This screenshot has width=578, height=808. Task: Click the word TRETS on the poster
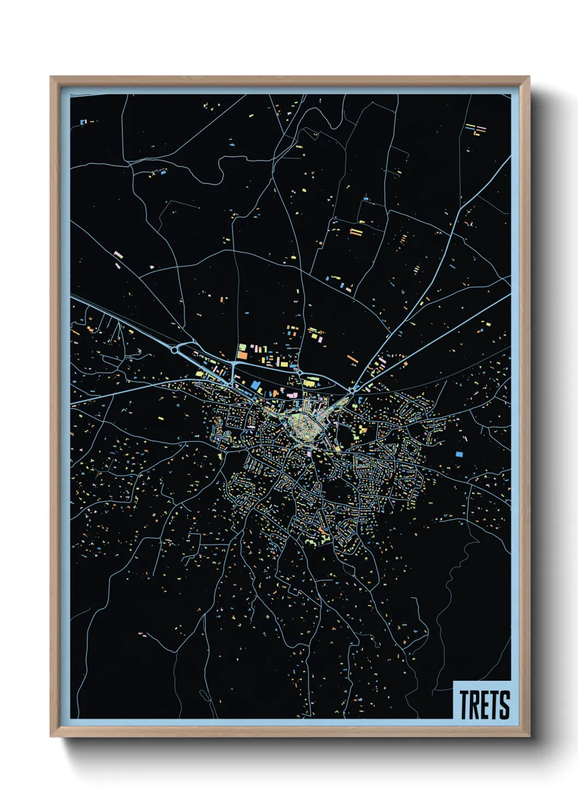(484, 704)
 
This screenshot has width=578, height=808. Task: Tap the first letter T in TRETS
(464, 704)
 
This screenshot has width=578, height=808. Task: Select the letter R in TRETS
(475, 704)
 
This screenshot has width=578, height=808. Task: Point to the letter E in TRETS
(485, 704)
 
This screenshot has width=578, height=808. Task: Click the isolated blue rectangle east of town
(459, 454)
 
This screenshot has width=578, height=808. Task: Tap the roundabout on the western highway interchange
(174, 350)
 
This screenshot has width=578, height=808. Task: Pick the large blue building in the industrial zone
(255, 386)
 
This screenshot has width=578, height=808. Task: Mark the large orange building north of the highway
(242, 355)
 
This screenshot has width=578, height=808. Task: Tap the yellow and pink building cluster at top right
(476, 130)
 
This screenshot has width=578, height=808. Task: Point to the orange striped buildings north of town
(356, 233)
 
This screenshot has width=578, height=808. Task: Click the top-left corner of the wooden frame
(51, 77)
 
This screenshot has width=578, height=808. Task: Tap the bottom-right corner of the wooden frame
(529, 736)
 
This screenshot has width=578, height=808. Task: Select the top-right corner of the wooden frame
(529, 77)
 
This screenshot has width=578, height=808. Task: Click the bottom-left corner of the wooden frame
(51, 736)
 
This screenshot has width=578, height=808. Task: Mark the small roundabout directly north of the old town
(299, 373)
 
